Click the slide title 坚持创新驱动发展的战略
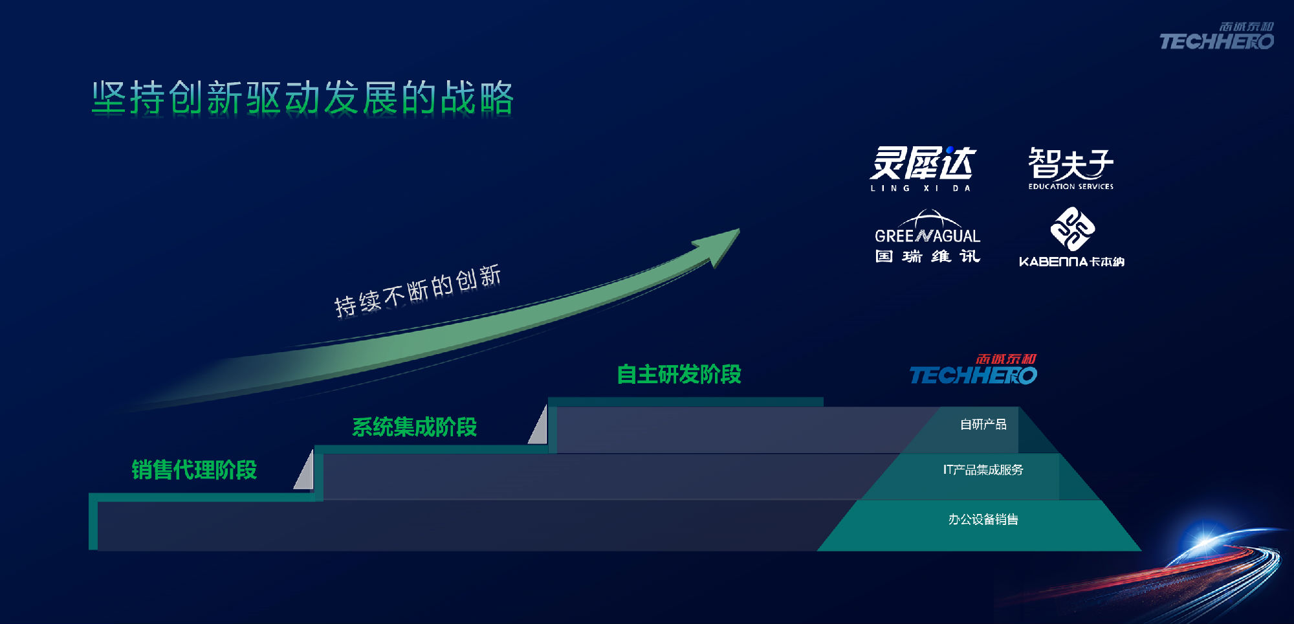coord(303,98)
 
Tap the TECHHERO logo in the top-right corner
coord(1216,36)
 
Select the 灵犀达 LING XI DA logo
coord(922,169)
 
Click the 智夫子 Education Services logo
coord(1071,168)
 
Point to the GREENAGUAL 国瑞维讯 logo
coord(927,236)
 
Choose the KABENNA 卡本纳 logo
coord(1071,238)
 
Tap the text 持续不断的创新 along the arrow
coord(418,291)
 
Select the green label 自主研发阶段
coord(679,374)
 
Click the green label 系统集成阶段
coord(414,427)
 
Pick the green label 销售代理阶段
coord(194,470)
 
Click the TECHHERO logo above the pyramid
coord(974,370)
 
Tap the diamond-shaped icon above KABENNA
coord(1072,228)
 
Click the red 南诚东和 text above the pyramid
coord(1006,359)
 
